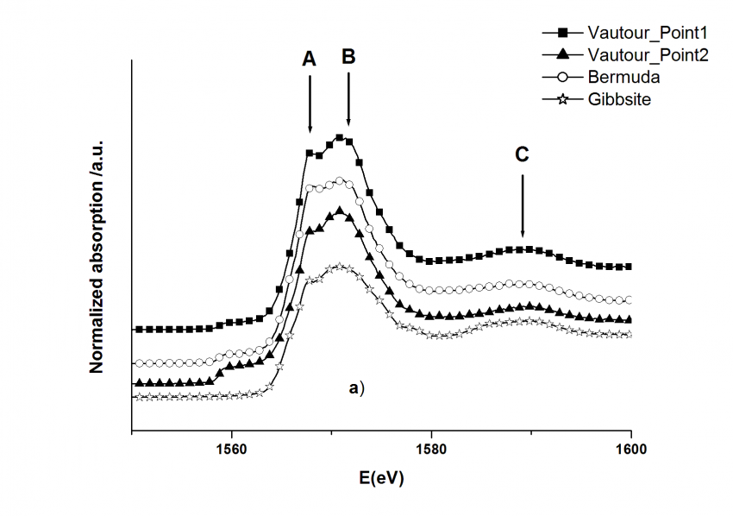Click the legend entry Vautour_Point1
[x=647, y=33]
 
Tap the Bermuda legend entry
[x=624, y=78]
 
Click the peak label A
[x=310, y=59]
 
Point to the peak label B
[x=348, y=57]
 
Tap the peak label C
[x=522, y=154]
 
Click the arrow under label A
[x=310, y=104]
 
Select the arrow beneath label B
[x=348, y=99]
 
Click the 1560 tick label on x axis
[x=231, y=449]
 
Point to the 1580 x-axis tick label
[x=431, y=449]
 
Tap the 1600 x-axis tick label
[x=631, y=449]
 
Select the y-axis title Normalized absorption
[x=97, y=255]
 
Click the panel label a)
[x=357, y=388]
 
